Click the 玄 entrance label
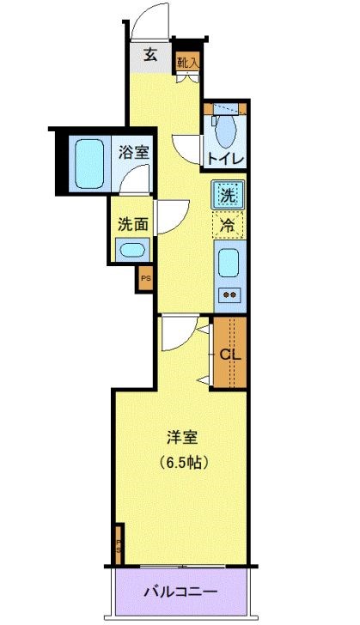pyautogui.click(x=150, y=56)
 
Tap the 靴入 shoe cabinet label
pyautogui.click(x=188, y=61)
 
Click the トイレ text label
pyautogui.click(x=226, y=159)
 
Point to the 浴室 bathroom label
pyautogui.click(x=135, y=153)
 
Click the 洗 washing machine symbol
pyautogui.click(x=228, y=195)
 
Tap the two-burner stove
pyautogui.click(x=230, y=295)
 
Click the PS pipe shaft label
pyautogui.click(x=145, y=278)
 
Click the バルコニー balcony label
pyautogui.click(x=180, y=592)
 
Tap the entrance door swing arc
pyautogui.click(x=151, y=21)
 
